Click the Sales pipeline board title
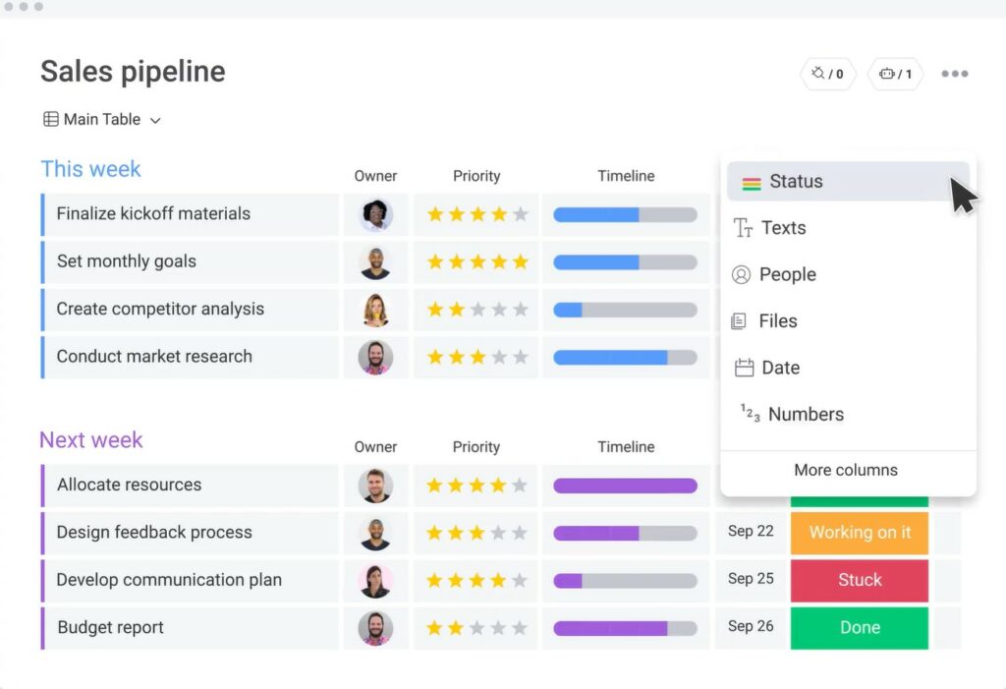pyautogui.click(x=133, y=72)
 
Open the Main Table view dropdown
pyautogui.click(x=102, y=120)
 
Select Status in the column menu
pyautogui.click(x=796, y=182)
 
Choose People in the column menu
pyautogui.click(x=787, y=275)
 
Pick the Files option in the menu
pyautogui.click(x=777, y=321)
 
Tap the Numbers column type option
pyautogui.click(x=806, y=415)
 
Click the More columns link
pyautogui.click(x=846, y=470)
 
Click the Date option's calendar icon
pyautogui.click(x=745, y=369)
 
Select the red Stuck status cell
pyautogui.click(x=859, y=580)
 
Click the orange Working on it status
pyautogui.click(x=859, y=533)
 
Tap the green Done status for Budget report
pyautogui.click(x=859, y=628)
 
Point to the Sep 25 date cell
pyautogui.click(x=751, y=579)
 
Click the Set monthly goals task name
pyautogui.click(x=127, y=261)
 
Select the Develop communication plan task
pyautogui.click(x=169, y=580)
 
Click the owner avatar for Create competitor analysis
pyautogui.click(x=375, y=310)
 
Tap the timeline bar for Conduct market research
pyautogui.click(x=625, y=357)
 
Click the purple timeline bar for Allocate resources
pyautogui.click(x=625, y=486)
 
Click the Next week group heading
pyautogui.click(x=91, y=440)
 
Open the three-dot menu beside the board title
pyautogui.click(x=954, y=74)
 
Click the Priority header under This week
pyautogui.click(x=476, y=177)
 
